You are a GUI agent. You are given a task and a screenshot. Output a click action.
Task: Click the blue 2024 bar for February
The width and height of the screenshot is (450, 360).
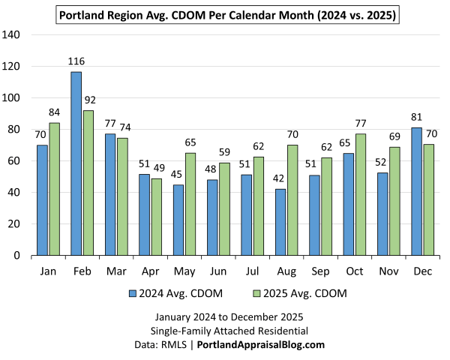tap(76, 163)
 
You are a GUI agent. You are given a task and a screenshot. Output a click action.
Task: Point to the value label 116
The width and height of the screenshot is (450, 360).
tap(76, 61)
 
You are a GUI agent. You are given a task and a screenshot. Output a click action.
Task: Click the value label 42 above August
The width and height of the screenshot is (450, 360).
tap(280, 178)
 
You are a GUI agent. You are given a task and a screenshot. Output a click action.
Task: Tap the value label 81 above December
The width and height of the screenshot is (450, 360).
tap(417, 116)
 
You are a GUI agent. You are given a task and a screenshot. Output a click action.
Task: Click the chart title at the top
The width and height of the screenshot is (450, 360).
tap(227, 13)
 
